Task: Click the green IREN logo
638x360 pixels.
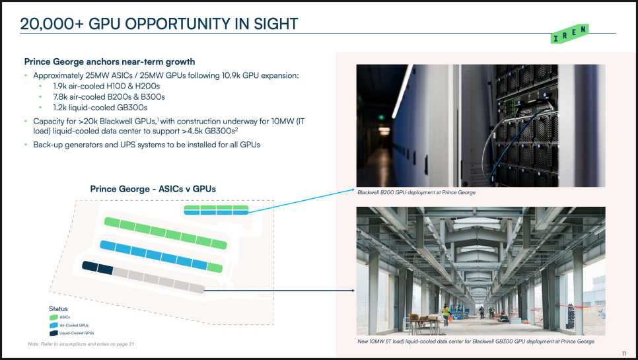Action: (x=569, y=34)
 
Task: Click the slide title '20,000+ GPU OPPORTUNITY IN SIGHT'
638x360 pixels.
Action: (x=159, y=24)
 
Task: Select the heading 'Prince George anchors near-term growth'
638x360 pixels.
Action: (x=110, y=62)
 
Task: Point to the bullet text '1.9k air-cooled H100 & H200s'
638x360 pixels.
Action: (x=106, y=87)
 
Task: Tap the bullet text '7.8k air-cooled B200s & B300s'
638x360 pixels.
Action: (x=108, y=97)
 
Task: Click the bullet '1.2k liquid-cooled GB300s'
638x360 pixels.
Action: (x=100, y=108)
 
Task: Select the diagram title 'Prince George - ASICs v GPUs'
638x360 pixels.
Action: (x=153, y=189)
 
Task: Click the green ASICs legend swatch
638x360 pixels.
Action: (x=53, y=317)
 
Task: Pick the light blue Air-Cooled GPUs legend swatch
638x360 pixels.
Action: (x=53, y=326)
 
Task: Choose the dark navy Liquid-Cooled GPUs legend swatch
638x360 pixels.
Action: (x=53, y=333)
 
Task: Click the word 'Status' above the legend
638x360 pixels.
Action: (x=58, y=308)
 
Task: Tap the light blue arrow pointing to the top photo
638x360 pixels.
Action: (x=302, y=201)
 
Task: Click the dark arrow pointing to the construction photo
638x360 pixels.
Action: (x=279, y=291)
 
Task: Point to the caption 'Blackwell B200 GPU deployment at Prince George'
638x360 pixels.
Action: (x=416, y=192)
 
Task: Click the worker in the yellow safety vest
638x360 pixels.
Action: (x=446, y=314)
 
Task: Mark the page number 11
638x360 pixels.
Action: (x=623, y=353)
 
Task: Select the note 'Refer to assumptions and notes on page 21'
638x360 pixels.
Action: (x=81, y=344)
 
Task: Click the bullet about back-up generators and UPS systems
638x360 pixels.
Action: (x=147, y=145)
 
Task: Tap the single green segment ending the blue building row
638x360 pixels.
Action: (x=215, y=268)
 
